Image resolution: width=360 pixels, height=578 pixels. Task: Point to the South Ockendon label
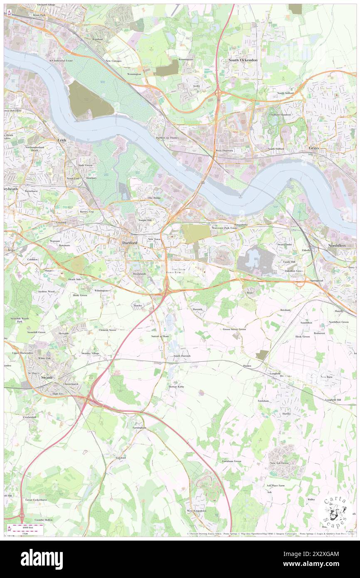(x=243, y=60)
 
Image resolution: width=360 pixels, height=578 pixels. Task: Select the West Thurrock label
(x=224, y=150)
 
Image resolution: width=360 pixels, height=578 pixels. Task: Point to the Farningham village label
(x=140, y=427)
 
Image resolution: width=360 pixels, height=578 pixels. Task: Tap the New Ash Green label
(x=279, y=463)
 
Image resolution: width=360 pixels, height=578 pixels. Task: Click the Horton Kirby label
(x=176, y=387)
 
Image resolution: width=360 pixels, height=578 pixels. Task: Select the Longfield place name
(x=275, y=373)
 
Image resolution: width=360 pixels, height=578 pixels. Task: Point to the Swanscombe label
(x=285, y=244)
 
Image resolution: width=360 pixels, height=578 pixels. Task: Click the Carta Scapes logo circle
(x=335, y=509)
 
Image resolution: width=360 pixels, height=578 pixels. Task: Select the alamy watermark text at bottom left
(x=42, y=558)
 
